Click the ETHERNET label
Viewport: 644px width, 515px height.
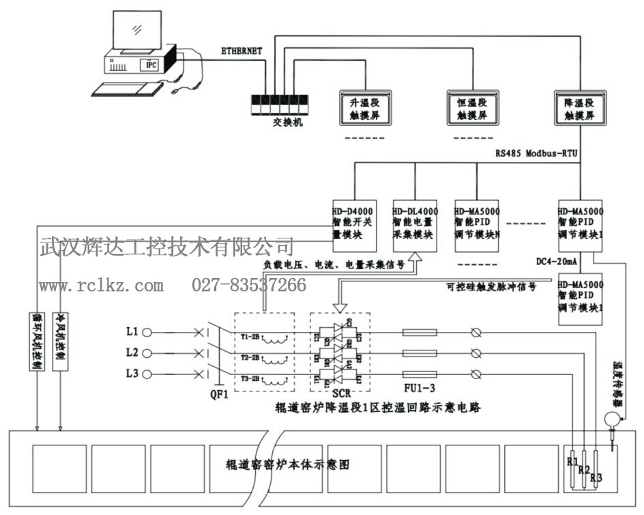[242, 51]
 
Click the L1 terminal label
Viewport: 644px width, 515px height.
[132, 333]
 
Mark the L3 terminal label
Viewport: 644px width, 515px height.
[132, 374]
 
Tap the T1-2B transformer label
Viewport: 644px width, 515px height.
[250, 337]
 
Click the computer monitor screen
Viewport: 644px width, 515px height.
[137, 31]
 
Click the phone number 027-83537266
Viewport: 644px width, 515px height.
[249, 285]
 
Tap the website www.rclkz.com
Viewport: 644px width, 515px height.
[101, 285]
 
